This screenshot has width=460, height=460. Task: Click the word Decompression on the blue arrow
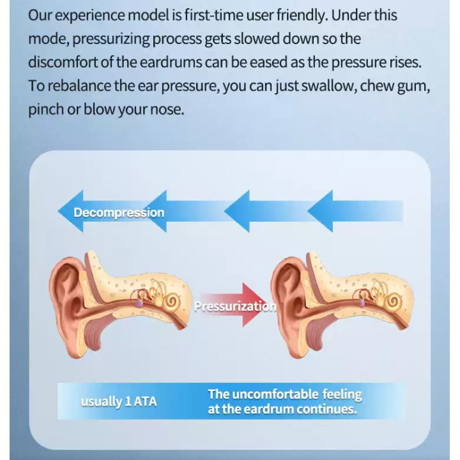(119, 213)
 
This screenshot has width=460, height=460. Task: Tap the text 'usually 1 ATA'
(119, 402)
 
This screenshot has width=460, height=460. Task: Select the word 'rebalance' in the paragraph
(79, 86)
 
